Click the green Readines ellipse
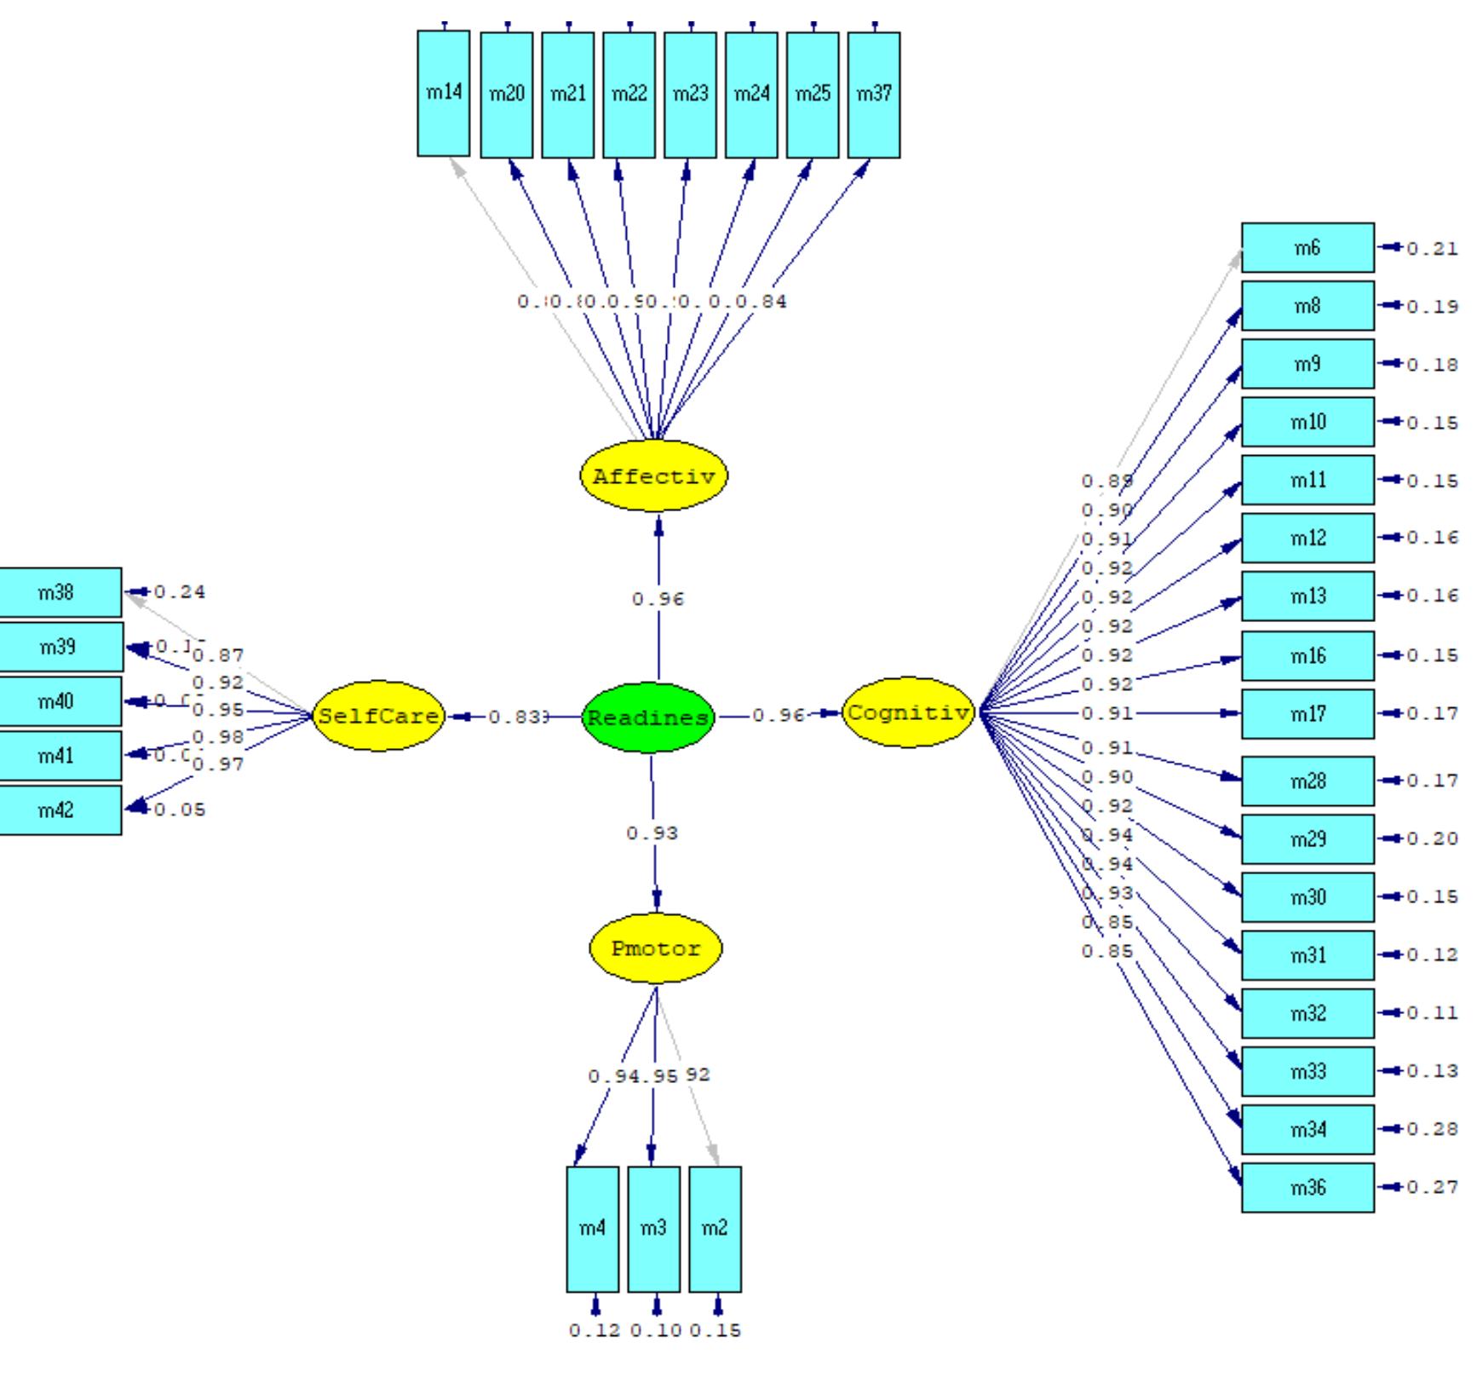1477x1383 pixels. coord(648,717)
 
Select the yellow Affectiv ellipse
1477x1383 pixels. coord(653,475)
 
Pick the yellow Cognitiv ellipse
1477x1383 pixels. coord(908,712)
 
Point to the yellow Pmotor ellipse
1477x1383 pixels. coord(656,948)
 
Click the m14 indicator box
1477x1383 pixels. coord(444,94)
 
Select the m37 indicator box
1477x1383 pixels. coord(874,95)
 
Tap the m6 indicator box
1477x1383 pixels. coord(1307,248)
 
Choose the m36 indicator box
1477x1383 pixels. coord(1307,1187)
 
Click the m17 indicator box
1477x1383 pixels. coord(1307,713)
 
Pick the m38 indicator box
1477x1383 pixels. coord(58,592)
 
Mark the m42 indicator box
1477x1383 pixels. coord(58,810)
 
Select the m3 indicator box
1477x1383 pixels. coord(653,1228)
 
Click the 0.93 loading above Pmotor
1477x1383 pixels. coord(652,833)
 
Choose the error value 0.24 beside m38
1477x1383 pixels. coord(180,592)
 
